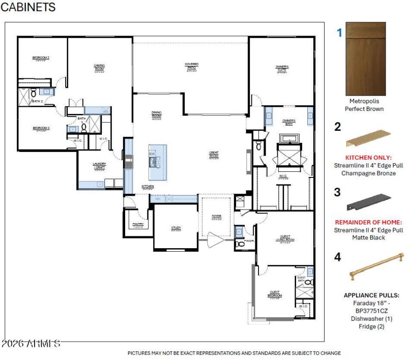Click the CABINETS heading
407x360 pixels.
28,8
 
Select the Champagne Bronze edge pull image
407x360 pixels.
368,138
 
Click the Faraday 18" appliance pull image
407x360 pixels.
375,268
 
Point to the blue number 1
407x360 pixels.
339,33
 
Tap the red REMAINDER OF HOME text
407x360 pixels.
368,222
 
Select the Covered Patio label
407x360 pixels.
191,66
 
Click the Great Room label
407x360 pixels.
214,153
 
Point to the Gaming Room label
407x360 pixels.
99,66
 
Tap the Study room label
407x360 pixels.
176,228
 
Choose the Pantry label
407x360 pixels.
138,224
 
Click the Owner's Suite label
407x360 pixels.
282,68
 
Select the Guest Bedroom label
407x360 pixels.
275,293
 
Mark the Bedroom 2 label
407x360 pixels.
41,58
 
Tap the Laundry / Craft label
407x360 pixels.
99,165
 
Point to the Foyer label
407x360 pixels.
217,217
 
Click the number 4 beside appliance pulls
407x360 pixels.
337,257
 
